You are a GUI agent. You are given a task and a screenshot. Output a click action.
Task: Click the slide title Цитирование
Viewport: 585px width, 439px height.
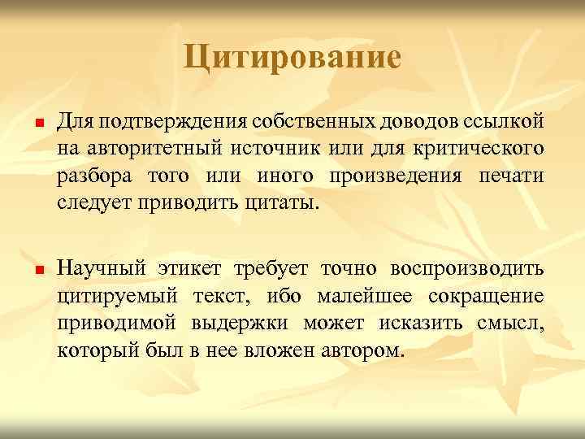[292, 57]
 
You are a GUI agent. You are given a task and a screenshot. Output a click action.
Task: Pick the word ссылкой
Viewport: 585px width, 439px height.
[504, 122]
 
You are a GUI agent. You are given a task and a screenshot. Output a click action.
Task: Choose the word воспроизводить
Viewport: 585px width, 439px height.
[466, 268]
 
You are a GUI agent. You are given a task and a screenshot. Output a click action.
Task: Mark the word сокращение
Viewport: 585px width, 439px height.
[487, 295]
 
